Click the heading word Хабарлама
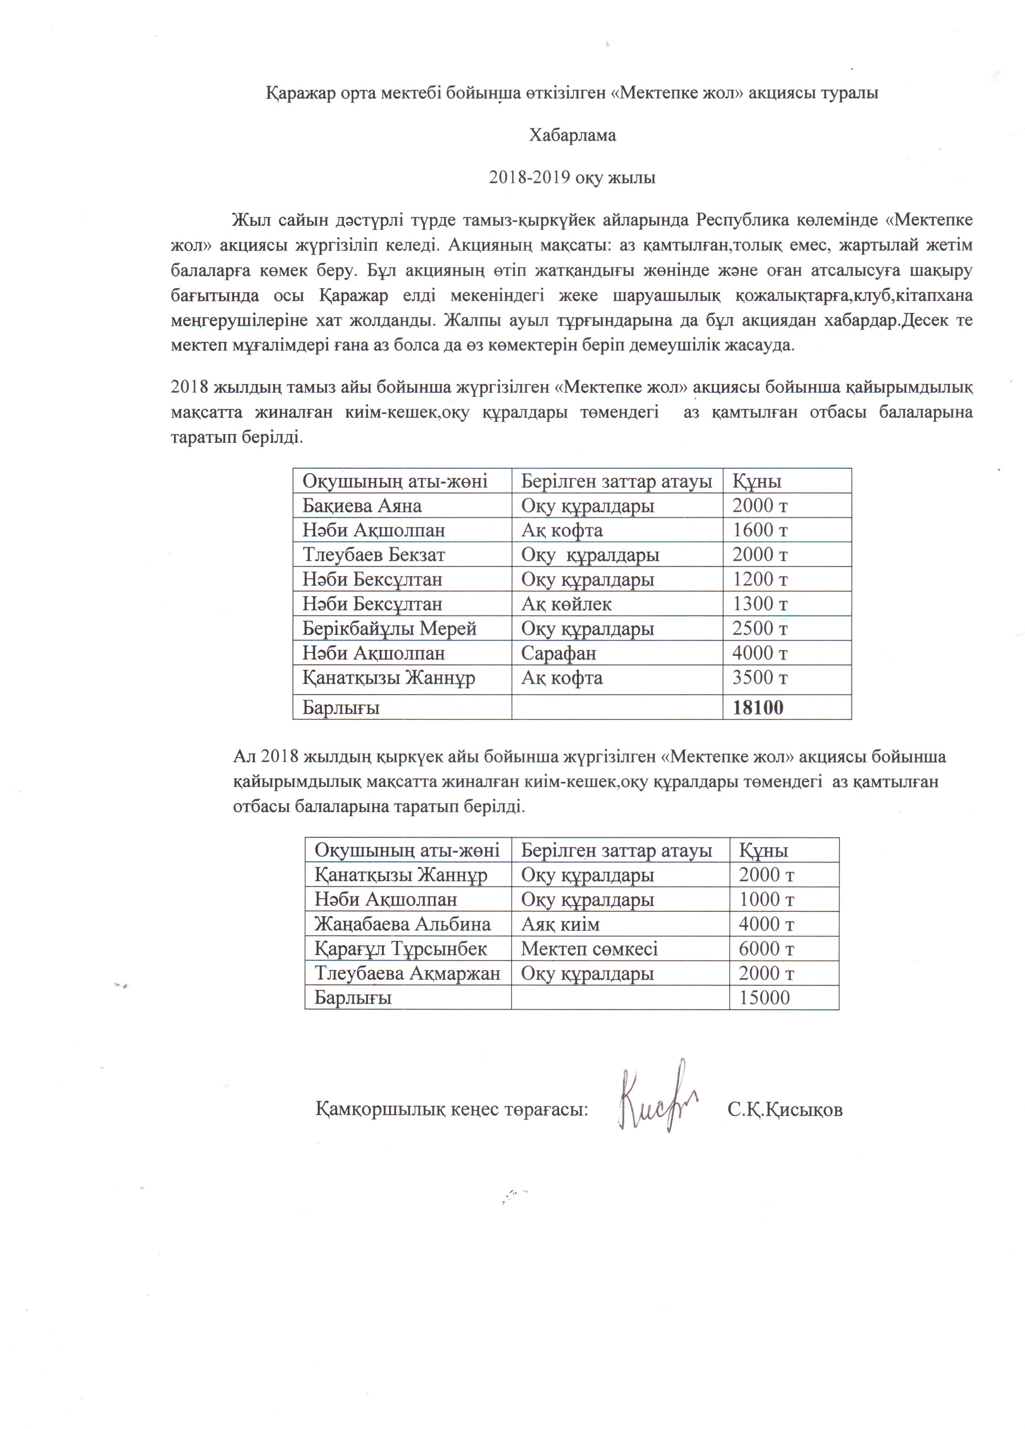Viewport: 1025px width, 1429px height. click(572, 136)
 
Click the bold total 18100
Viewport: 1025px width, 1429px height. click(758, 707)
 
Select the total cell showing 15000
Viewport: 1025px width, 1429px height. click(764, 997)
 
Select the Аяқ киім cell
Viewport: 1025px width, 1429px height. click(560, 924)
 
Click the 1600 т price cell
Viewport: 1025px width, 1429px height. click(760, 530)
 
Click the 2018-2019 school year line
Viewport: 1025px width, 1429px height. click(572, 178)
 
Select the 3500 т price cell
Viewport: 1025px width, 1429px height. click(760, 678)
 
